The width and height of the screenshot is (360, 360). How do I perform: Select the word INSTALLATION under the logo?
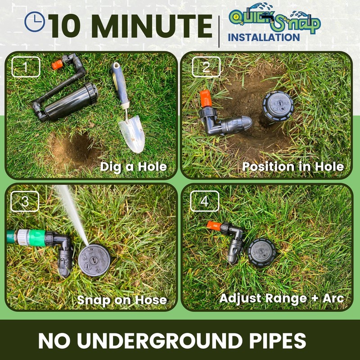tap(264, 37)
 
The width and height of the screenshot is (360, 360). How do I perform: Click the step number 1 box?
tap(26, 67)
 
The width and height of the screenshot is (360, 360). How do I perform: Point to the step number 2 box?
tap(206, 67)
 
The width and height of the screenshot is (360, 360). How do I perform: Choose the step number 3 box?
tap(25, 202)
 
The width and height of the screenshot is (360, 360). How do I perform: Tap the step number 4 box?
tap(205, 202)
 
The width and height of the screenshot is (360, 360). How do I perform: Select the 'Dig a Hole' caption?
tap(133, 166)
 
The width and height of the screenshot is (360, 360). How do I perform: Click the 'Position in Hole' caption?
tap(293, 166)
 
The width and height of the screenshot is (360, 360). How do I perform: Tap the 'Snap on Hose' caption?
tap(122, 300)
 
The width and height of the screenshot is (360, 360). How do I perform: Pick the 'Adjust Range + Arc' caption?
tap(282, 298)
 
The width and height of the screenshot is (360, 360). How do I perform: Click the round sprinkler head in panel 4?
tap(261, 252)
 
